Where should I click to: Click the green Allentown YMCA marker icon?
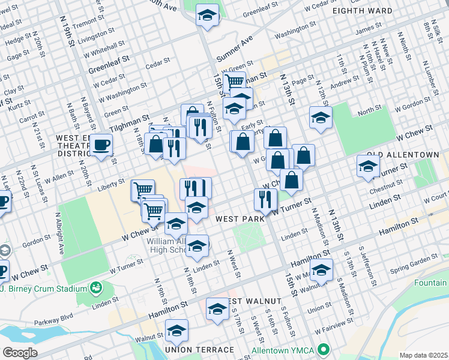[325, 349]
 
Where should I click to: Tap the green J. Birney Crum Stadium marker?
[95, 289]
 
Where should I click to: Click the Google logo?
[20, 352]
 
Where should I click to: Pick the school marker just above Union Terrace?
[176, 330]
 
